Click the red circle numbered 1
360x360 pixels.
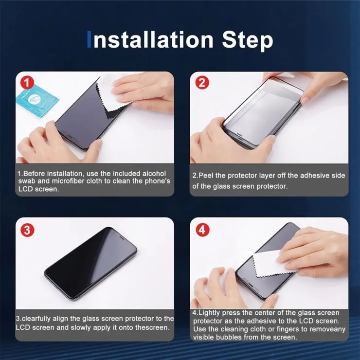pyautogui.click(x=27, y=83)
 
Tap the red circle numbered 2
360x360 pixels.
pyautogui.click(x=202, y=83)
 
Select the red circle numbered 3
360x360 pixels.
pyautogui.click(x=27, y=230)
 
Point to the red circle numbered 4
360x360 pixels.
pyautogui.click(x=202, y=230)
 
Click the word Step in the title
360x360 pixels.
pyautogui.click(x=248, y=40)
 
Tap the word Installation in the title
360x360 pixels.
pyautogui.click(x=151, y=40)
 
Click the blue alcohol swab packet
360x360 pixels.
pyautogui.click(x=37, y=100)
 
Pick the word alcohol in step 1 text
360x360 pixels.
pyautogui.click(x=154, y=174)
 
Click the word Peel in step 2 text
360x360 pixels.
pyautogui.click(x=206, y=176)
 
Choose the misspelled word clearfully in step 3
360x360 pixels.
pyautogui.click(x=36, y=319)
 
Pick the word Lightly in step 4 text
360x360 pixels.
pyautogui.click(x=209, y=313)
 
